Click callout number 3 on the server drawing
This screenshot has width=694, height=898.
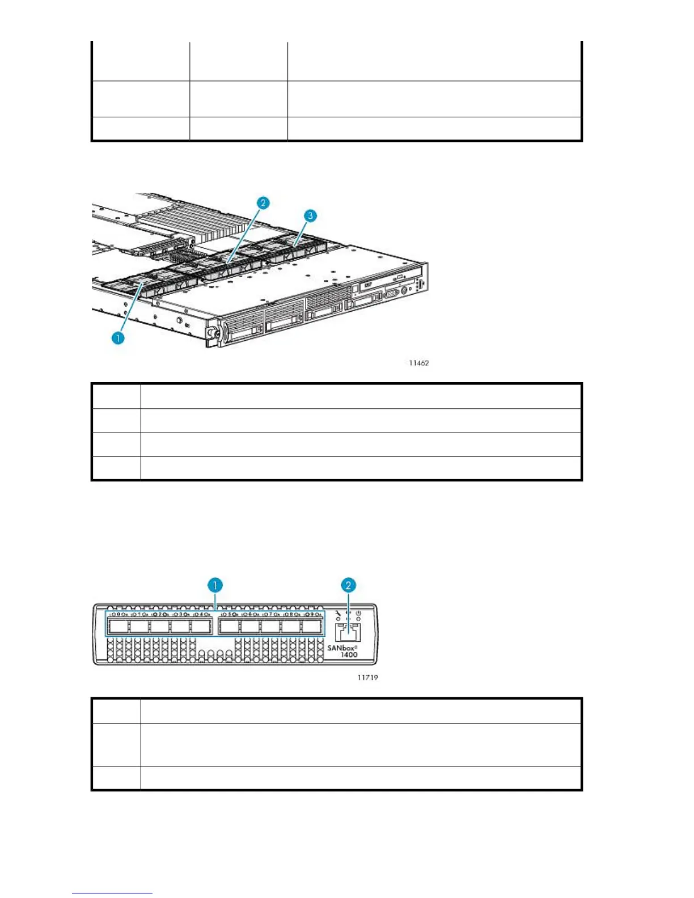click(x=310, y=216)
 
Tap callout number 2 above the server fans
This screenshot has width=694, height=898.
click(x=263, y=203)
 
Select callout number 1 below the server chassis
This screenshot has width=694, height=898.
click(x=118, y=338)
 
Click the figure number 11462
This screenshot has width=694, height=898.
click(x=419, y=363)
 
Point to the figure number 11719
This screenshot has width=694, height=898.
click(x=367, y=677)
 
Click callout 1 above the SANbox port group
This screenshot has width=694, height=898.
click(x=215, y=585)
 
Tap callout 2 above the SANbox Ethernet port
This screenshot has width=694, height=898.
click(x=348, y=585)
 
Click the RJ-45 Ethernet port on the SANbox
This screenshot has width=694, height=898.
click(x=348, y=632)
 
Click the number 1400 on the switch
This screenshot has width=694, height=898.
click(x=349, y=655)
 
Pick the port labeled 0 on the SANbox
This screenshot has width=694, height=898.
click(x=118, y=626)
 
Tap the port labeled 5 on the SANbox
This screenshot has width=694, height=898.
click(x=229, y=626)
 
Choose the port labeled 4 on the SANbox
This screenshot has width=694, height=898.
click(x=201, y=626)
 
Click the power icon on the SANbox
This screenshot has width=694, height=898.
click(x=358, y=613)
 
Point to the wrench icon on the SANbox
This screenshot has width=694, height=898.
click(x=338, y=613)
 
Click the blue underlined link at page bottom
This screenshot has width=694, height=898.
click(x=112, y=893)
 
